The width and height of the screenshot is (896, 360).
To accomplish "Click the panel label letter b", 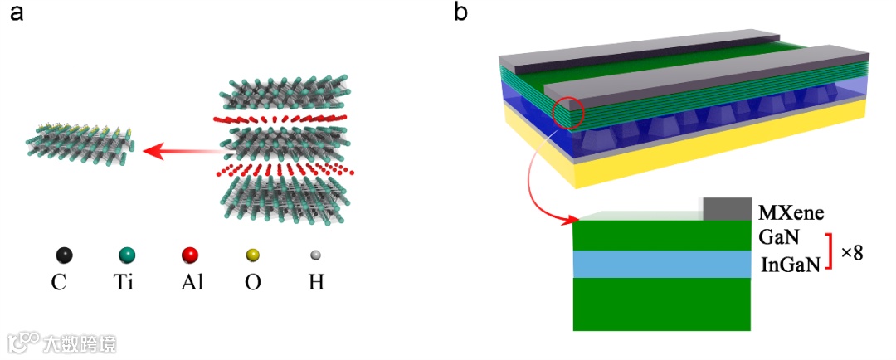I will pyautogui.click(x=463, y=14).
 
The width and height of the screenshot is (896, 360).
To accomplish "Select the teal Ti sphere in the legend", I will pyautogui.click(x=125, y=254).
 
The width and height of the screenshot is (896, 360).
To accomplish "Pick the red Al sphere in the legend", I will pyautogui.click(x=190, y=254).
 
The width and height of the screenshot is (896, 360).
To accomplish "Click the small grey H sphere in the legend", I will pyautogui.click(x=315, y=254).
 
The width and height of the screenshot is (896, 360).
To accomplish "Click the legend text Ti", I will pyautogui.click(x=125, y=283).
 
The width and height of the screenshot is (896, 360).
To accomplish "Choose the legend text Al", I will pyautogui.click(x=191, y=283).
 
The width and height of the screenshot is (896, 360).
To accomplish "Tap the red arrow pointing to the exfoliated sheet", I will pyautogui.click(x=178, y=152).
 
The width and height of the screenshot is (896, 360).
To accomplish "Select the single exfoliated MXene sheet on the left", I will pyautogui.click(x=80, y=143).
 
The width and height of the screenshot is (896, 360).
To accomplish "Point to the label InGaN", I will pyautogui.click(x=789, y=264).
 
